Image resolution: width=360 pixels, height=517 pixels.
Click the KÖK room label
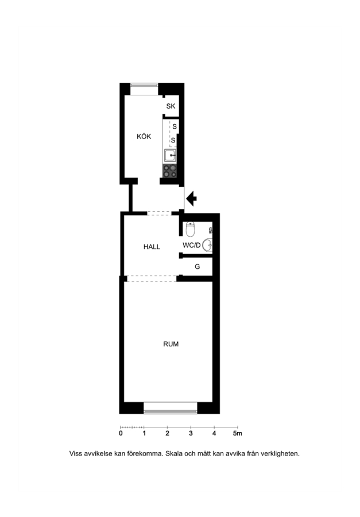(144, 136)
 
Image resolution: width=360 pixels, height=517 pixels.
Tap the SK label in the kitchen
(171, 106)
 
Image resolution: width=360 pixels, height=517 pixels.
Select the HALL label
(152, 246)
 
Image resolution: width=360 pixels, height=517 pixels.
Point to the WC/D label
(192, 245)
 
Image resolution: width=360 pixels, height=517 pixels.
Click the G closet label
(197, 267)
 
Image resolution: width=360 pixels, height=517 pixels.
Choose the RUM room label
(171, 344)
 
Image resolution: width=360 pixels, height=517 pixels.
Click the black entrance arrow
(191, 199)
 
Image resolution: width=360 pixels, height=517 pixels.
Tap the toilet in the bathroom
(190, 229)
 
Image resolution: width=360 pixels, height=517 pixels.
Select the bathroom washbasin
(207, 245)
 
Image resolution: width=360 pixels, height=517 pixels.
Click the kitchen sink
(170, 155)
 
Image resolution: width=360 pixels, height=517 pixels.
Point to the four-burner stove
(170, 171)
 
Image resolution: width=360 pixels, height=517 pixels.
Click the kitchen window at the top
(144, 89)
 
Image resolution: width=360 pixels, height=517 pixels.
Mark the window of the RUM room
(171, 408)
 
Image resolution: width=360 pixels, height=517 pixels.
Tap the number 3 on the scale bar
(191, 433)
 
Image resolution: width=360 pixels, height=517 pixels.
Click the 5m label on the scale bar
(237, 433)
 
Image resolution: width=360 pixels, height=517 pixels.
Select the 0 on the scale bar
(121, 433)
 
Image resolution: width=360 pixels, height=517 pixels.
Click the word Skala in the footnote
(173, 453)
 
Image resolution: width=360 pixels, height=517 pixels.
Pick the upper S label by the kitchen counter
(175, 126)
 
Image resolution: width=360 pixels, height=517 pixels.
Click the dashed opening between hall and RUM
(152, 279)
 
